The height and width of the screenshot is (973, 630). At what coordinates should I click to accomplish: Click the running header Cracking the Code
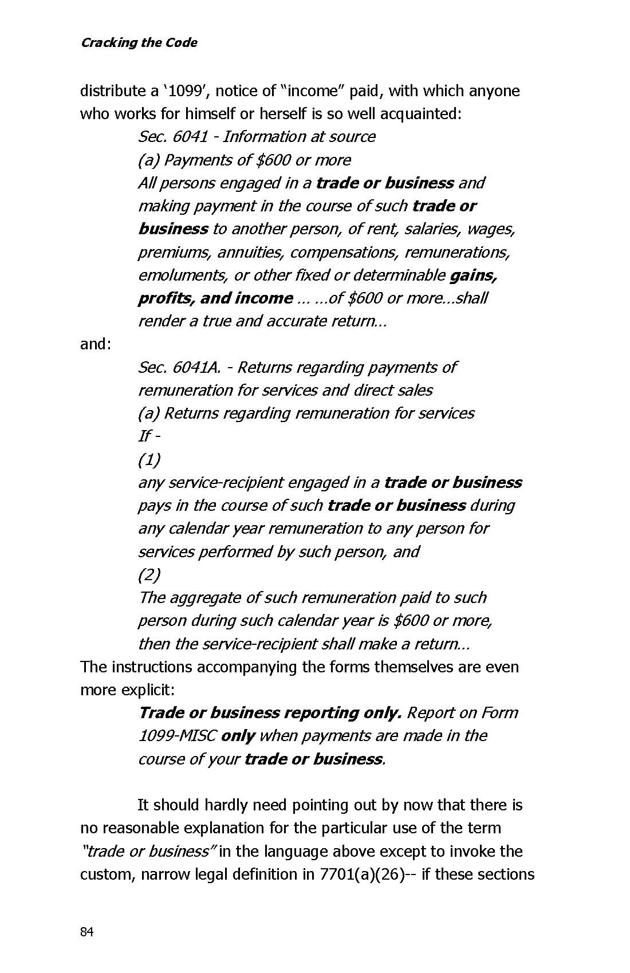[139, 43]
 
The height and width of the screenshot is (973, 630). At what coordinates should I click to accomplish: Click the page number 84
[86, 932]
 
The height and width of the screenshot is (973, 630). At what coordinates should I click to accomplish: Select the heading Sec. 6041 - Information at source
[257, 137]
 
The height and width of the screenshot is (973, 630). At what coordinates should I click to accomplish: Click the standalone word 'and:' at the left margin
[95, 344]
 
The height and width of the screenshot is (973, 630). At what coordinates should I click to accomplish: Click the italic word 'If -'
[148, 436]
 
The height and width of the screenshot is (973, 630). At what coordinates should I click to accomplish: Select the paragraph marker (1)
[149, 459]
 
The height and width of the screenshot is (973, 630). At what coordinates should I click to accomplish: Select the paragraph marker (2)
[149, 574]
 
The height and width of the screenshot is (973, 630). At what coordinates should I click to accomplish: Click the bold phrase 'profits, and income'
[215, 298]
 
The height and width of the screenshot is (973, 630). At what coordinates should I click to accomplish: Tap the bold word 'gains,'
[474, 275]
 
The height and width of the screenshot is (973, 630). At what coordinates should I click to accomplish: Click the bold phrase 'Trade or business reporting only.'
[270, 713]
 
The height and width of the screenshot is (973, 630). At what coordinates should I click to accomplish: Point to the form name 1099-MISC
[177, 736]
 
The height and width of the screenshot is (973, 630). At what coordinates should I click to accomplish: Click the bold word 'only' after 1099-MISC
[238, 736]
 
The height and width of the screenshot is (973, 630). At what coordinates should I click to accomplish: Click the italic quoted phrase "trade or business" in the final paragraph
[148, 852]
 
